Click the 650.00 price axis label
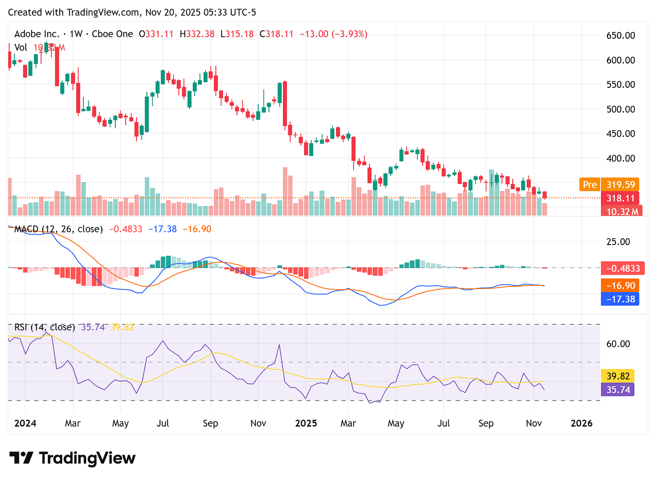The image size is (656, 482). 620,36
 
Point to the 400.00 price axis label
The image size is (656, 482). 620,158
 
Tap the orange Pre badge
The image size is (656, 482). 589,185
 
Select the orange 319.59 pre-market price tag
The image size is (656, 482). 620,185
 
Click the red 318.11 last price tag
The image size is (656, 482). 620,198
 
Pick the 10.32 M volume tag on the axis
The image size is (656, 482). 622,211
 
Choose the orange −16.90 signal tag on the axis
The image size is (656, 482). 620,286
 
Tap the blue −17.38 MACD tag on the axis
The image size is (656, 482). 620,299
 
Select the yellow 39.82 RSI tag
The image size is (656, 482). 618,376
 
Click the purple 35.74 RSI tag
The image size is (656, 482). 618,389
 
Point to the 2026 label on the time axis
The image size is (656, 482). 581,423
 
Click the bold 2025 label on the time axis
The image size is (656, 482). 306,423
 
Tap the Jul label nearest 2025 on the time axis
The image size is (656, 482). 444,423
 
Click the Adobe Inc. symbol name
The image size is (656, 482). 37,34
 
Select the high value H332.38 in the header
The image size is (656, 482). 197,34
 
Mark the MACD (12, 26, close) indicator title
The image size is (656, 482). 58,229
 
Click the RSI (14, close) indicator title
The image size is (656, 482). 45,327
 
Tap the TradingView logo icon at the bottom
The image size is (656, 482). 21,458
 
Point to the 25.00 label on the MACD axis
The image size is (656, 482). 618,242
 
